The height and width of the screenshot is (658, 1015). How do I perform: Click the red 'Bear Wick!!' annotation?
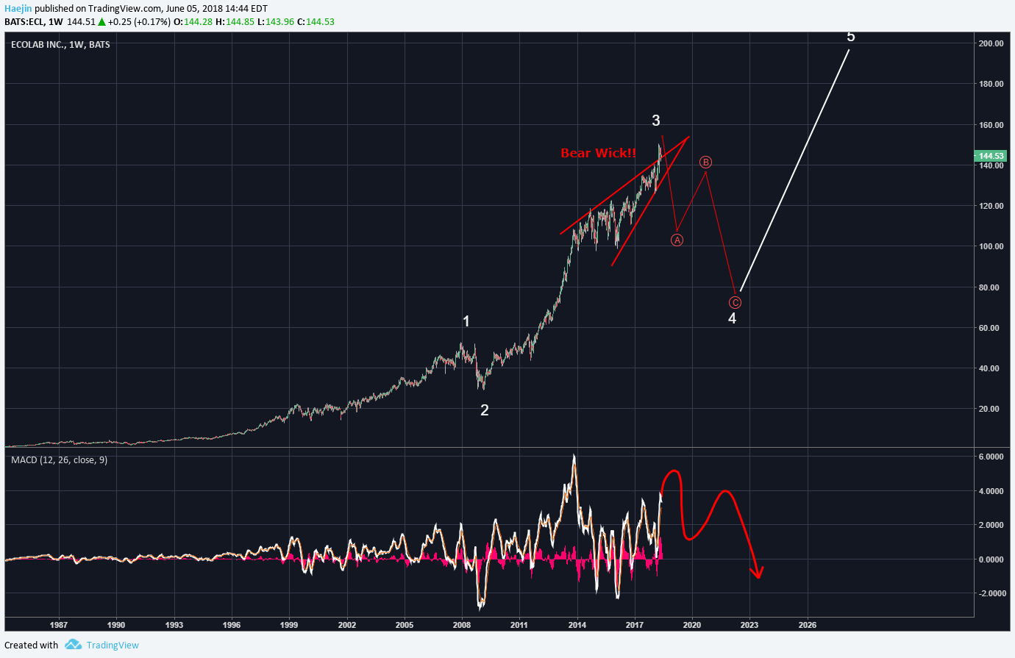point(598,153)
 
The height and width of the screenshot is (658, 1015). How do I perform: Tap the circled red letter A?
point(677,240)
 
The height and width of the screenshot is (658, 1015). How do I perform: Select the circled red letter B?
point(705,162)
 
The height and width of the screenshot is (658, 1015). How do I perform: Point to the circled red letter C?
point(735,302)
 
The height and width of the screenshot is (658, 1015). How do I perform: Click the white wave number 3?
point(656,121)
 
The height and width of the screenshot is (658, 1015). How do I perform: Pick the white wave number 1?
point(466,321)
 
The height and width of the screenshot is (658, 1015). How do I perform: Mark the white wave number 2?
point(485,410)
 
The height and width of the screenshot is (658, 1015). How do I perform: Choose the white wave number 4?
point(732,318)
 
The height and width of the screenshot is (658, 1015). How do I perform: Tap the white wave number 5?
point(851,37)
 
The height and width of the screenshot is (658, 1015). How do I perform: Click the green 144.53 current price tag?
point(990,156)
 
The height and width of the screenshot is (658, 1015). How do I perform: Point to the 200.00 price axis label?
point(991,43)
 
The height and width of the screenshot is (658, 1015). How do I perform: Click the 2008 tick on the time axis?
point(462,625)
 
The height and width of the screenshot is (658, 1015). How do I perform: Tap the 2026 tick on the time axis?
point(807,625)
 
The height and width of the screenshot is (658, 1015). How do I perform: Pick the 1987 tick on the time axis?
point(59,625)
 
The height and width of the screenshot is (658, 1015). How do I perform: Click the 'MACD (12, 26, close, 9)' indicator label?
point(59,460)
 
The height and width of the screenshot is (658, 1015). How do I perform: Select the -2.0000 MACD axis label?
point(990,593)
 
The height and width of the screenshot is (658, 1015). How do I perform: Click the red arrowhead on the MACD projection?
point(757,573)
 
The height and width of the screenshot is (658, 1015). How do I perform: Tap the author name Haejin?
point(18,9)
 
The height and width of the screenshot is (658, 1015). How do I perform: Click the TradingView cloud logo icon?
point(73,645)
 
